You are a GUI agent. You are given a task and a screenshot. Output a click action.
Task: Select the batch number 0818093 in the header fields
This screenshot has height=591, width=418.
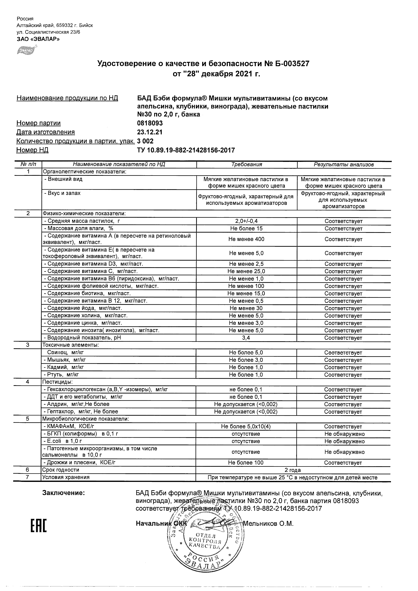(150, 123)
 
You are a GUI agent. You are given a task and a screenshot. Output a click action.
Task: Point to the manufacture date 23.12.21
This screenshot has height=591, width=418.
(150, 132)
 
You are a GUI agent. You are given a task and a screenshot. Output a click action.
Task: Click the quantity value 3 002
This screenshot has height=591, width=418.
(145, 141)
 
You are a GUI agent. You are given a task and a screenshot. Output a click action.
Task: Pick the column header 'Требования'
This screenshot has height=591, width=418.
(246, 164)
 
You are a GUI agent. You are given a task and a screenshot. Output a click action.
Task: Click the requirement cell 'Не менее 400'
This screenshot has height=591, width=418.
(246, 239)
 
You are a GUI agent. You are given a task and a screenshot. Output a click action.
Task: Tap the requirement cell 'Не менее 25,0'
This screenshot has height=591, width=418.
(246, 271)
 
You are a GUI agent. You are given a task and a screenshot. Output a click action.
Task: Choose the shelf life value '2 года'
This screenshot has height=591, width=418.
(293, 470)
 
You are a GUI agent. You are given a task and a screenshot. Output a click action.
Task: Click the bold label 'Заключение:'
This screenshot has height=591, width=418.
(63, 493)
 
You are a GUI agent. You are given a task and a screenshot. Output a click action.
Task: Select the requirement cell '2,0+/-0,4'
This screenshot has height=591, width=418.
(246, 221)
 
